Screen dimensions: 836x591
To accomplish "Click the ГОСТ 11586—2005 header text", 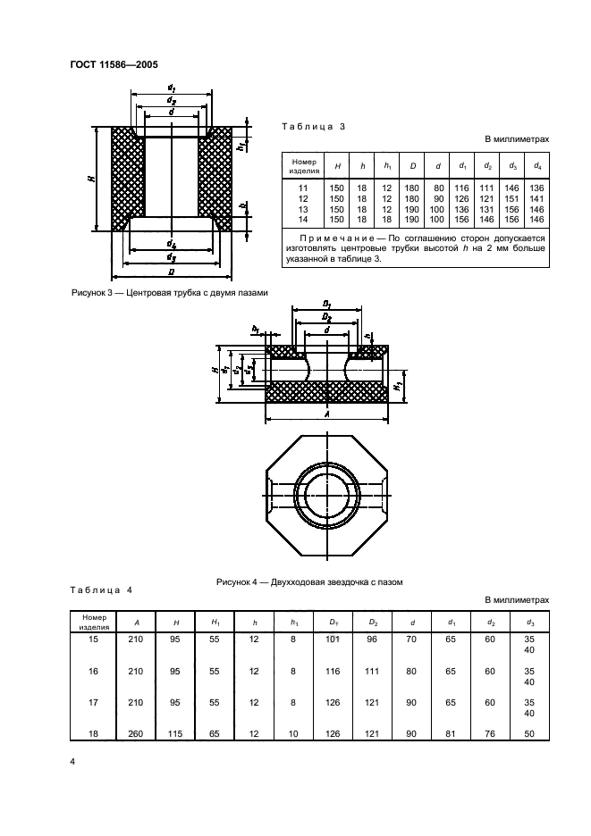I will (x=114, y=63).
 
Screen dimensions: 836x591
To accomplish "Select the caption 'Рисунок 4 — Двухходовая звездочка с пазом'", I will (x=308, y=581).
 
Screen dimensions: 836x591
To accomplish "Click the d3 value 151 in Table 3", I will (x=512, y=199).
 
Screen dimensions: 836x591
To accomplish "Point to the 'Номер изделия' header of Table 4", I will (x=94, y=622).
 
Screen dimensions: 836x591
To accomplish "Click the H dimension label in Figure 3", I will (x=92, y=179).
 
